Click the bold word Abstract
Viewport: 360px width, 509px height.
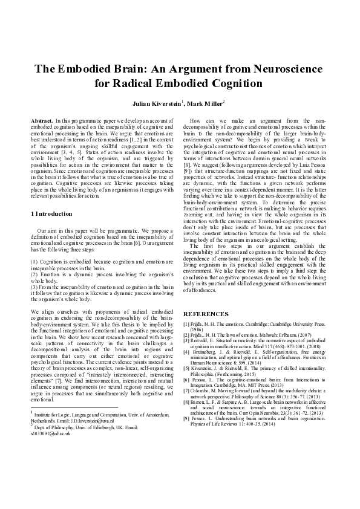pyautogui.click(x=41, y=122)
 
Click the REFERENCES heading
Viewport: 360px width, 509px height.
pyautogui.click(x=206, y=314)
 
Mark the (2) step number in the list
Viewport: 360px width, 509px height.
pyautogui.click(x=34, y=272)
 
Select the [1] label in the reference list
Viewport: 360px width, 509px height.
pyautogui.click(x=186, y=325)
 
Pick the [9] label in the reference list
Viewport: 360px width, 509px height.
pyautogui.click(x=186, y=419)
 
